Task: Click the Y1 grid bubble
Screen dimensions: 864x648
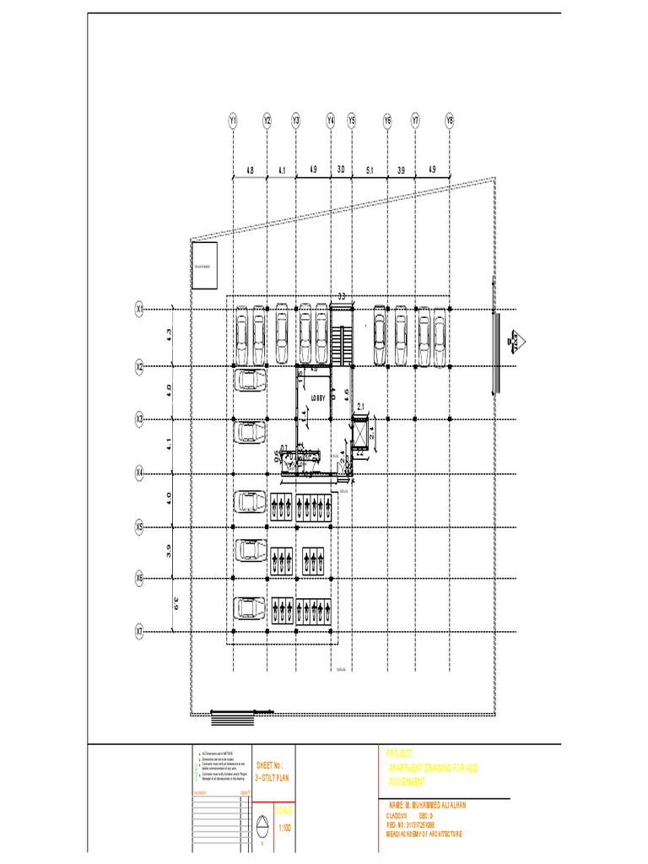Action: coord(233,121)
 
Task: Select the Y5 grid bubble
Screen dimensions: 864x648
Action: coord(352,121)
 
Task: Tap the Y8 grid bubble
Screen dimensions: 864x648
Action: coord(450,121)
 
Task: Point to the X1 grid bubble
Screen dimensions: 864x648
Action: coord(140,310)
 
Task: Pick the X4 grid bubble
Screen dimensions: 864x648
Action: coord(140,473)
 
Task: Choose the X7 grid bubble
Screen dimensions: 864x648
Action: coord(140,630)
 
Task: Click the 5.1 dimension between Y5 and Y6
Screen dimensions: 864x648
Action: coord(370,170)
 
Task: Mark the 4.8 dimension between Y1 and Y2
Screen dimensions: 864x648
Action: coord(249,170)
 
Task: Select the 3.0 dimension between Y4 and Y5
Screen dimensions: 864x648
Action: coord(342,170)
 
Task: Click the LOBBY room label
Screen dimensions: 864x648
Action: coord(318,397)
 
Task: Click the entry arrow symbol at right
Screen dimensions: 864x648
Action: coord(515,341)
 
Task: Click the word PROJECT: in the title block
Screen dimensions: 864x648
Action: coord(399,753)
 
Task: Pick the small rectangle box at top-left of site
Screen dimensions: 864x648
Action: coord(204,267)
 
